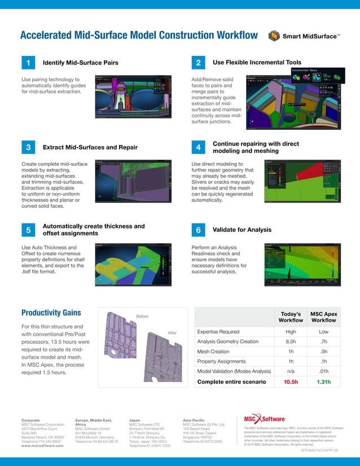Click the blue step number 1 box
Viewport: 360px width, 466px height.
point(28,62)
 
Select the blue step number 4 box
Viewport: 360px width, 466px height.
point(198,147)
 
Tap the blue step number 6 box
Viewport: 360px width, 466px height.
point(198,231)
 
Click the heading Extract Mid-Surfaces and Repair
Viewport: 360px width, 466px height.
point(90,147)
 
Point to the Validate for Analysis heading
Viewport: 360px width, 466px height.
point(242,230)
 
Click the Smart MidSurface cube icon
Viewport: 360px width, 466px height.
point(274,37)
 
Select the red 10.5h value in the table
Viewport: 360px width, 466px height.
point(291,382)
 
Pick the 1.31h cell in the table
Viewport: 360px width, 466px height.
point(324,382)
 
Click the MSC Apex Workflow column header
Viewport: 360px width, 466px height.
point(324,316)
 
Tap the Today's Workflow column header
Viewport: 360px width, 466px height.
point(291,316)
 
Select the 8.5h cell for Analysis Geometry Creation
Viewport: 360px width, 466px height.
point(291,341)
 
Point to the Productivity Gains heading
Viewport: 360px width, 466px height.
point(51,313)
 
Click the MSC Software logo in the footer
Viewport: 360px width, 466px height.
point(264,420)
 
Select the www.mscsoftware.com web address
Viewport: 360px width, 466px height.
point(42,445)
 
